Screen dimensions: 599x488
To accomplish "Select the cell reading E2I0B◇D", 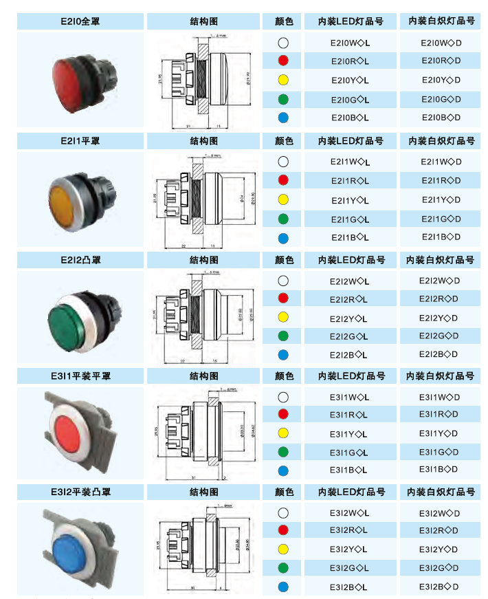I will point(441,118).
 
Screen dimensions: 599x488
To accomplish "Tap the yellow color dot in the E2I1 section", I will point(283,200).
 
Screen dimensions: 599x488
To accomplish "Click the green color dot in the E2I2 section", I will point(283,336).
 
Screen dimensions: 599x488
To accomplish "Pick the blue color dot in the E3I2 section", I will point(283,587).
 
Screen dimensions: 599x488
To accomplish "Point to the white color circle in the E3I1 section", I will point(283,397).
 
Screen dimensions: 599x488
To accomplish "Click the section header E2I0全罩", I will point(80,21).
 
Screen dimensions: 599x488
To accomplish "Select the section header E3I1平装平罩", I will point(80,376).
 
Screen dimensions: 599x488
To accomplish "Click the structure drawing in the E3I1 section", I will point(204,433).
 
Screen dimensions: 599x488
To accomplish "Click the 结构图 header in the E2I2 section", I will point(204,260).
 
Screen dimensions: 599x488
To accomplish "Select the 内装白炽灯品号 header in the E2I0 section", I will point(441,21).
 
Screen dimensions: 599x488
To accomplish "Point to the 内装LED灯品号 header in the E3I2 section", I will point(351,492).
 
